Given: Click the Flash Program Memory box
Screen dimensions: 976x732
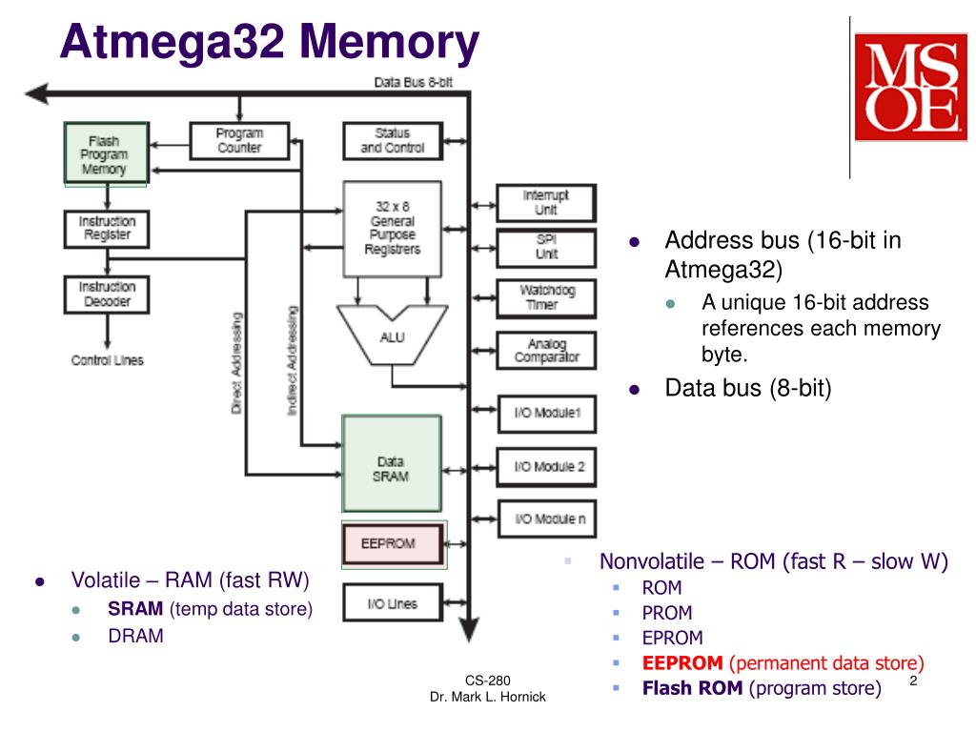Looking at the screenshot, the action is click(106, 153).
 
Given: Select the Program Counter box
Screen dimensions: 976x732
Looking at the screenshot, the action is click(239, 141).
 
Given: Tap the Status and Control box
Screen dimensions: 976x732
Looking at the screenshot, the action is click(393, 141).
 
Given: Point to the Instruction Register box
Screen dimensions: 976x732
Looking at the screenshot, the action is click(107, 229).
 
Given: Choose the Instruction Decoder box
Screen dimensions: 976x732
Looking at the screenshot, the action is click(107, 295).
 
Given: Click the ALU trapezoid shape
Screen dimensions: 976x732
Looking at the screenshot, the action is click(392, 335).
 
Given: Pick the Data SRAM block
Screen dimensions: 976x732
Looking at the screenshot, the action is click(392, 464).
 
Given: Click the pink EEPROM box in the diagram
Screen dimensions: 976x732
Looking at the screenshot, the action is click(394, 544).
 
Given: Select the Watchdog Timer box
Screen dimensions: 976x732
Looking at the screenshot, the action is click(546, 298).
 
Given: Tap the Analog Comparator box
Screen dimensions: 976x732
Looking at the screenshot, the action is click(546, 351).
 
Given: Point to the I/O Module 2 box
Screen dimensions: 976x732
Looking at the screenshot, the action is click(546, 467).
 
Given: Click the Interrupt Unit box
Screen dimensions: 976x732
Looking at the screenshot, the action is click(546, 203).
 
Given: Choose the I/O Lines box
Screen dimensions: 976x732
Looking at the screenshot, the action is click(393, 602).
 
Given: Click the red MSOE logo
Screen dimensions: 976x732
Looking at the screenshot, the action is click(910, 87).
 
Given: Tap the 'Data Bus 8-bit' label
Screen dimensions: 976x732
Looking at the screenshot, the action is click(414, 82).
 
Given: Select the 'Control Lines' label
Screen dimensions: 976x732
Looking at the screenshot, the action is click(107, 360).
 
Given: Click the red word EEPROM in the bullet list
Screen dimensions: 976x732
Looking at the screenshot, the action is click(682, 663).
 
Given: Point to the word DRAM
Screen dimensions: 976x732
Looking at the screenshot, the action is click(135, 636).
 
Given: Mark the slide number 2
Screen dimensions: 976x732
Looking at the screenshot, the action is click(913, 681).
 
